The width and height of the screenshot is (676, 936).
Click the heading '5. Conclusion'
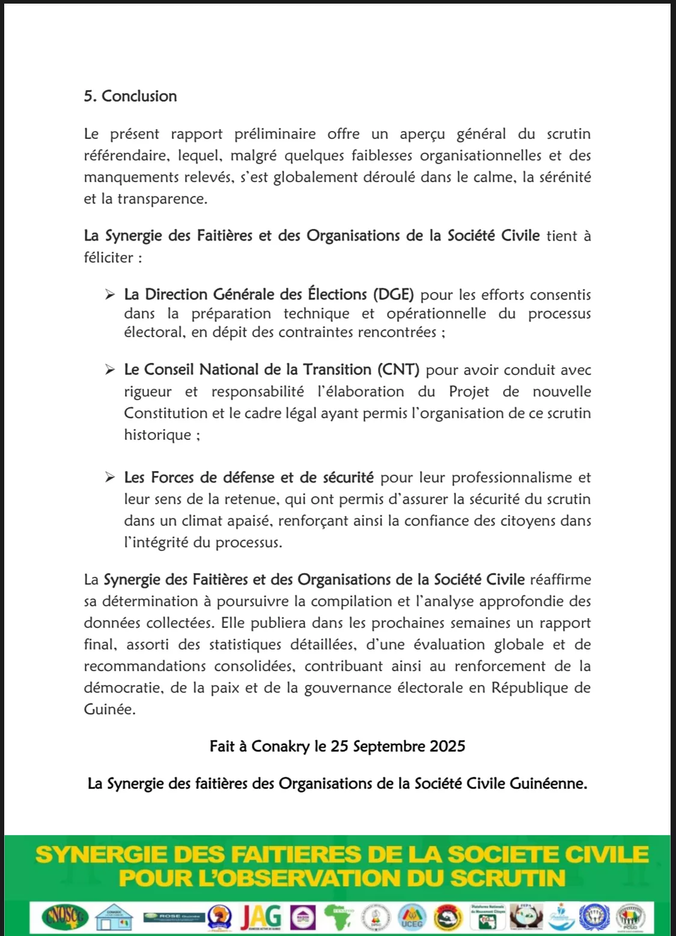click(x=130, y=96)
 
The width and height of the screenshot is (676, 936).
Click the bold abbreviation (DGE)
click(x=394, y=294)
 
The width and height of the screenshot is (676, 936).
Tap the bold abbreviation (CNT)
click(x=398, y=369)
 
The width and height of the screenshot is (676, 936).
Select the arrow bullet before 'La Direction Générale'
click(x=110, y=294)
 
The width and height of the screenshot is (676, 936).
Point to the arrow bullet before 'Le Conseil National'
click(x=110, y=369)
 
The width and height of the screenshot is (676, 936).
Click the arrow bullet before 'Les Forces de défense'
click(x=110, y=478)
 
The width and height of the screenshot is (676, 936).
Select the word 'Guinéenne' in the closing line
click(x=548, y=783)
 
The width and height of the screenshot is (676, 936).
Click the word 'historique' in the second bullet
click(x=157, y=435)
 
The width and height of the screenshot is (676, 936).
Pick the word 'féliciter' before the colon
click(x=109, y=258)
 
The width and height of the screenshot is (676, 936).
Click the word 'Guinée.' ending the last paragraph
click(x=109, y=710)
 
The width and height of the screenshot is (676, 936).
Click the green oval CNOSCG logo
click(x=65, y=917)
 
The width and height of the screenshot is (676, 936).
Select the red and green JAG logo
click(x=261, y=917)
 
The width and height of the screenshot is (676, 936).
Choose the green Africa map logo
click(x=338, y=917)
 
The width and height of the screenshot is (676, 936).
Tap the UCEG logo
click(x=412, y=917)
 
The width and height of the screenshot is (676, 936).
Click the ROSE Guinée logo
click(x=174, y=917)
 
